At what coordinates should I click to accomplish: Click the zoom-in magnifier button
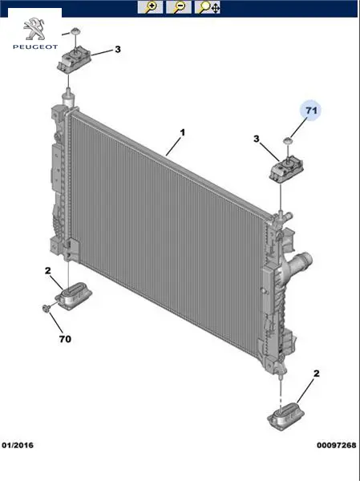click(x=150, y=7)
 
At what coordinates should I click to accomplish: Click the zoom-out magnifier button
click(x=179, y=7)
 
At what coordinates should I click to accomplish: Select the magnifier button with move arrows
click(x=208, y=7)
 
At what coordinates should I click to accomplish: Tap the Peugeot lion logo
click(x=34, y=29)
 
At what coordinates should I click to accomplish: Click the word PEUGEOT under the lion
click(x=35, y=47)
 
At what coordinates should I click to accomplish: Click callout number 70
click(x=65, y=339)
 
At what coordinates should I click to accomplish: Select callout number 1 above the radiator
click(x=183, y=133)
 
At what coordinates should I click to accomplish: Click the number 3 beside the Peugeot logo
click(x=118, y=50)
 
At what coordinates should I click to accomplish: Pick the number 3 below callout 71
click(x=257, y=139)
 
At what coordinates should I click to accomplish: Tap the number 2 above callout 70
click(x=47, y=271)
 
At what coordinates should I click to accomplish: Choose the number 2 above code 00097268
click(x=317, y=374)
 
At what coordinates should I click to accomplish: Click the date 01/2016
click(x=18, y=445)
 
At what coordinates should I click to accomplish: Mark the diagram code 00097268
click(x=337, y=445)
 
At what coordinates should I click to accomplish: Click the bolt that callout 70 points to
click(x=46, y=308)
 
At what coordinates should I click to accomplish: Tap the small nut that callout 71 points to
click(x=287, y=141)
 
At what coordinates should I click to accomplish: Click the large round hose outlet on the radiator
click(x=301, y=261)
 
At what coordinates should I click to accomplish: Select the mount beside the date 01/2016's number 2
click(x=73, y=296)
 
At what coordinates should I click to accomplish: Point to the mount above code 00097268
click(x=285, y=416)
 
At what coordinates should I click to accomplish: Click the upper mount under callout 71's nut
click(x=286, y=169)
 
